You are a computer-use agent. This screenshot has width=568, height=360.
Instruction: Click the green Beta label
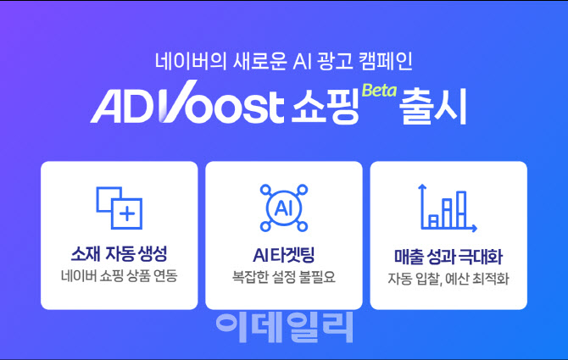pyautogui.click(x=379, y=91)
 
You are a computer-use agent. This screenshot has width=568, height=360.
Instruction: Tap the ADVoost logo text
pyautogui.click(x=187, y=103)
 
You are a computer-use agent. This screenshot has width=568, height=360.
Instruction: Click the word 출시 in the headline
pyautogui.click(x=432, y=107)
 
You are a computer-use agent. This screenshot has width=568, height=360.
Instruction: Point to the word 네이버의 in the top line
pyautogui.click(x=190, y=61)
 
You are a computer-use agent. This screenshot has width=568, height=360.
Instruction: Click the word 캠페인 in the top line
pyautogui.click(x=385, y=61)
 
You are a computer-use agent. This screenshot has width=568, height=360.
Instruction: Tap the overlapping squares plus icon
pyautogui.click(x=120, y=208)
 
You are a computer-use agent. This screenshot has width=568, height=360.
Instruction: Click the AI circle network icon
pyautogui.click(x=284, y=208)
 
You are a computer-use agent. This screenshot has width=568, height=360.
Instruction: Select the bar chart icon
pyautogui.click(x=448, y=208)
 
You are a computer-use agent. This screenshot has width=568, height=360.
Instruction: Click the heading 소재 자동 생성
pyautogui.click(x=119, y=253)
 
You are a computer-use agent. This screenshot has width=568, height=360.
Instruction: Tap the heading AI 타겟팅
pyautogui.click(x=284, y=255)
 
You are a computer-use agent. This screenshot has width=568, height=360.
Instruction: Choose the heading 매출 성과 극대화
pyautogui.click(x=448, y=256)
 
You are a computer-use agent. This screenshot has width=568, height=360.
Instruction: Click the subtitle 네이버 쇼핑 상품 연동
pyautogui.click(x=120, y=275)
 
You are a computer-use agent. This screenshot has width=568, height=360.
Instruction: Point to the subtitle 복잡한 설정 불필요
pyautogui.click(x=284, y=277)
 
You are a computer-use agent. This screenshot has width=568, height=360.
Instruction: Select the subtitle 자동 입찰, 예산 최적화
pyautogui.click(x=448, y=279)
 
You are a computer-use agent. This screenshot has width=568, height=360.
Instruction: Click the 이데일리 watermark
pyautogui.click(x=284, y=328)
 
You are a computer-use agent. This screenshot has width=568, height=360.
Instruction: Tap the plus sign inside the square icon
pyautogui.click(x=127, y=213)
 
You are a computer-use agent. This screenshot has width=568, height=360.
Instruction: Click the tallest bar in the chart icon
pyautogui.click(x=461, y=209)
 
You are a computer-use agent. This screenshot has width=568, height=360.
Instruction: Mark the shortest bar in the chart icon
pyautogui.click(x=433, y=221)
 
